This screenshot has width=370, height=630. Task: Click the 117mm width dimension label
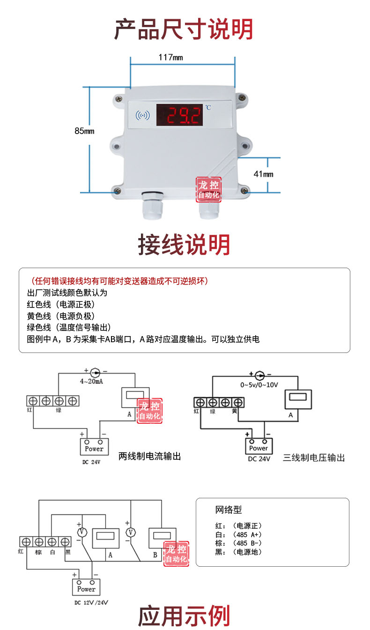(x=170, y=57)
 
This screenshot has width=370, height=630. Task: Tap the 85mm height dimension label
(x=84, y=131)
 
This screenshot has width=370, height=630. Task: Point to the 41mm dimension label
(x=263, y=174)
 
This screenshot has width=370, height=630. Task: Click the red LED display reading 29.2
(x=179, y=115)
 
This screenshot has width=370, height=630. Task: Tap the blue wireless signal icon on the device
(x=143, y=115)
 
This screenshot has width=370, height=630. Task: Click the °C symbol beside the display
(x=208, y=107)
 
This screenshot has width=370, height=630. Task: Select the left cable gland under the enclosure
(x=152, y=205)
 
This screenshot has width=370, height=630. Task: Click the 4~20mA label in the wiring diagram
(x=91, y=382)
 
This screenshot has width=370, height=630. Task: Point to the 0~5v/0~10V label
(x=259, y=385)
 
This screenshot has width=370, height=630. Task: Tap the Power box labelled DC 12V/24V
(x=86, y=587)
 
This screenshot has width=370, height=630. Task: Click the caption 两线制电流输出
(x=149, y=456)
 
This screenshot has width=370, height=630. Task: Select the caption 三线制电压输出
(x=314, y=457)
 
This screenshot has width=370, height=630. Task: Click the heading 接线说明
(x=184, y=245)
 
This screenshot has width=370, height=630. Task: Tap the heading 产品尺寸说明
(x=184, y=29)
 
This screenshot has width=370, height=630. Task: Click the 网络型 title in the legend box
(x=229, y=510)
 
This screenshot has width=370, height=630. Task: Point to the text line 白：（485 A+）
(x=238, y=535)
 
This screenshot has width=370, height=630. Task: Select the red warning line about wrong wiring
(x=119, y=281)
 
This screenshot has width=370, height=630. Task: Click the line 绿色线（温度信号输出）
(x=69, y=327)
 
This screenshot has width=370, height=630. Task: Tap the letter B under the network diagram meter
(x=155, y=555)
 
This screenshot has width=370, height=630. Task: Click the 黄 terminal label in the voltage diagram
(x=234, y=411)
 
